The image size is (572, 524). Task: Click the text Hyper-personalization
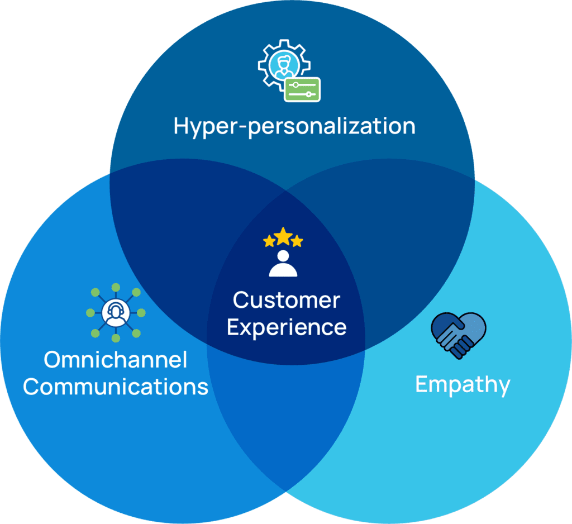(x=294, y=126)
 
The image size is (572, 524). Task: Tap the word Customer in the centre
(x=286, y=301)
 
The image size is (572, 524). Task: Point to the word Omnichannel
(x=115, y=360)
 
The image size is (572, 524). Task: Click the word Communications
(x=116, y=386)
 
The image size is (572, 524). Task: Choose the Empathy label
(x=463, y=385)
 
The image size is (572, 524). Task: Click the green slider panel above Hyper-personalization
(x=302, y=89)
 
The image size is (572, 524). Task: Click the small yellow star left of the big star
(x=269, y=241)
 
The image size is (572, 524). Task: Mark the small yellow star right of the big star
(x=297, y=241)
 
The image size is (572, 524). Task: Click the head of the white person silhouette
(x=283, y=256)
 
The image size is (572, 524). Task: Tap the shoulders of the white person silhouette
(x=283, y=270)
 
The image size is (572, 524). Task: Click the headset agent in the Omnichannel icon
(x=116, y=313)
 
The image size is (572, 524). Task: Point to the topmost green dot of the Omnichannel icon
(x=116, y=288)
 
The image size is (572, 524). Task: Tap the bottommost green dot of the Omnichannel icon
(x=116, y=339)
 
